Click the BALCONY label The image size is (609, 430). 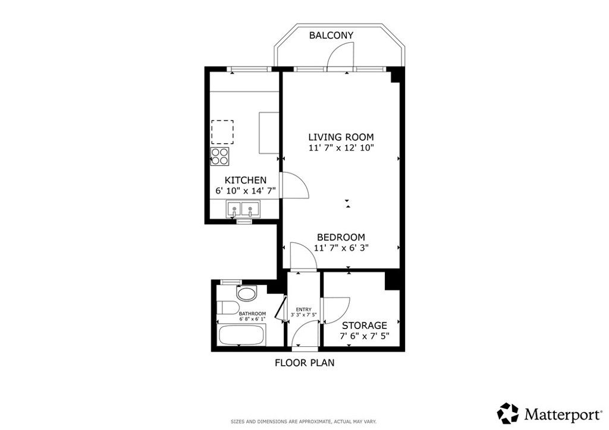coord(331,36)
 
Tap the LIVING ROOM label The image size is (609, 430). coord(341,137)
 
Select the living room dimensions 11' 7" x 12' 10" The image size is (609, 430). coord(341,148)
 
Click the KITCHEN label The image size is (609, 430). coord(245,180)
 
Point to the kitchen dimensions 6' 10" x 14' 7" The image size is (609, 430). coord(245,191)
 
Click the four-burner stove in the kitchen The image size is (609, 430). coord(220,156)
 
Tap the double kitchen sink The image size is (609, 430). coord(243,209)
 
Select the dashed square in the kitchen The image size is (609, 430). coord(222,132)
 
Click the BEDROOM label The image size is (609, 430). coord(341,237)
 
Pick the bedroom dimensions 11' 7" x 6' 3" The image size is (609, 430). coord(341,248)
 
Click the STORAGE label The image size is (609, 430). coord(364,325)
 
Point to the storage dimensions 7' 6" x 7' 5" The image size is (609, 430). coord(364,337)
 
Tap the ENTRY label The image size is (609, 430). coord(304,309)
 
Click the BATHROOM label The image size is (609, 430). coord(252,314)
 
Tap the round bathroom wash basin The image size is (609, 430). coord(245,293)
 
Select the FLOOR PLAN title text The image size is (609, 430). coord(304,362)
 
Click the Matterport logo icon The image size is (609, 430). coord(507,412)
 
